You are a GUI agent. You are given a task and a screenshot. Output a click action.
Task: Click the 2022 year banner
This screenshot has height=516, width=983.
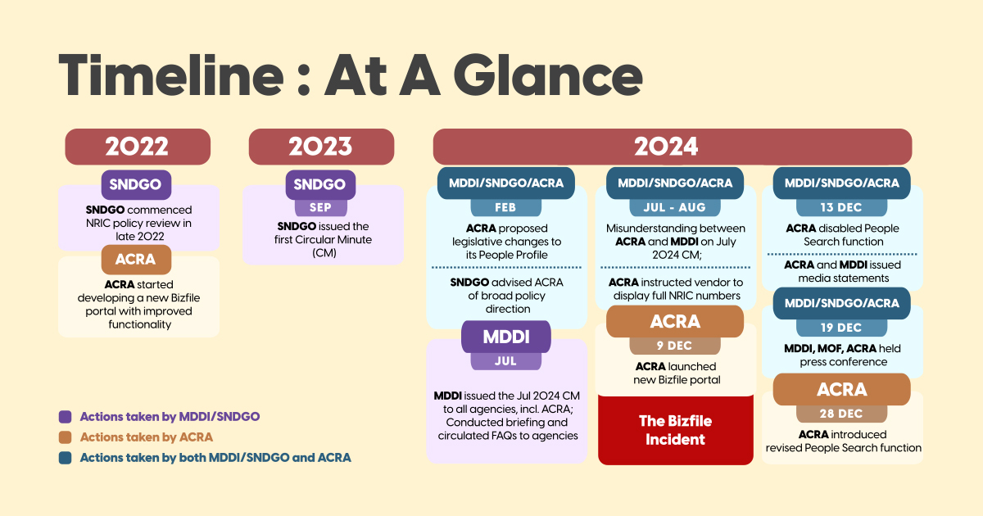click(138, 147)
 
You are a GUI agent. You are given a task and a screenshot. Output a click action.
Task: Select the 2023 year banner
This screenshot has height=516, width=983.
click(321, 147)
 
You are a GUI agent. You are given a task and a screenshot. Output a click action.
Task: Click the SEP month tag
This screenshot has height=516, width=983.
click(321, 207)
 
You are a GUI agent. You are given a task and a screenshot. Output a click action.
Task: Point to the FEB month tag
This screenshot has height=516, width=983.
click(505, 207)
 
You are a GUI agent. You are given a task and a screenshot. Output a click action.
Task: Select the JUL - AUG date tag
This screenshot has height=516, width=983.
click(675, 207)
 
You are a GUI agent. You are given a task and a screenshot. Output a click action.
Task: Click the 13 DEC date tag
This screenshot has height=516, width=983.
click(842, 207)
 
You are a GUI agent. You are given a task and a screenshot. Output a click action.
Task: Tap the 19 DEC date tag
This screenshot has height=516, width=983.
click(842, 328)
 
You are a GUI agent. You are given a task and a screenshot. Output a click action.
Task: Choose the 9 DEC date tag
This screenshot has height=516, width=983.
click(675, 346)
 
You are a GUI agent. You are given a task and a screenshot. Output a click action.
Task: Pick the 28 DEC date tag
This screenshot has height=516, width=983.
click(842, 414)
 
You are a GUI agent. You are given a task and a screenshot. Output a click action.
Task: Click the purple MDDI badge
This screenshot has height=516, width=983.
click(506, 337)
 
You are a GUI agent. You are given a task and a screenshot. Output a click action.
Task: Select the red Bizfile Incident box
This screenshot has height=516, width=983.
click(675, 431)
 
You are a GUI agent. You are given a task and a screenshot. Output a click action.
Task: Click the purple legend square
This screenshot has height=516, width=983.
click(65, 417)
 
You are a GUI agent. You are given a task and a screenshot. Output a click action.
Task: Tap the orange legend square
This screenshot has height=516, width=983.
click(65, 437)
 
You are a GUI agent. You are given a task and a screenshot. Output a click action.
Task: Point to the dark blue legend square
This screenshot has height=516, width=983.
click(65, 458)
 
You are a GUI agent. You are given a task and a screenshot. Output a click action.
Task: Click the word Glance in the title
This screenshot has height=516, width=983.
click(548, 75)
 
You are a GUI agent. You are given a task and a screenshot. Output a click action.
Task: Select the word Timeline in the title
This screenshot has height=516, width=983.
click(171, 75)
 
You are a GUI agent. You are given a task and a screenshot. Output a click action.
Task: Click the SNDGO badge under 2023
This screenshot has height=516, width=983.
click(320, 184)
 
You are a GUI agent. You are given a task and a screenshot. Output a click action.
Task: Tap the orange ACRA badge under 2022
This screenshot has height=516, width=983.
click(136, 260)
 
